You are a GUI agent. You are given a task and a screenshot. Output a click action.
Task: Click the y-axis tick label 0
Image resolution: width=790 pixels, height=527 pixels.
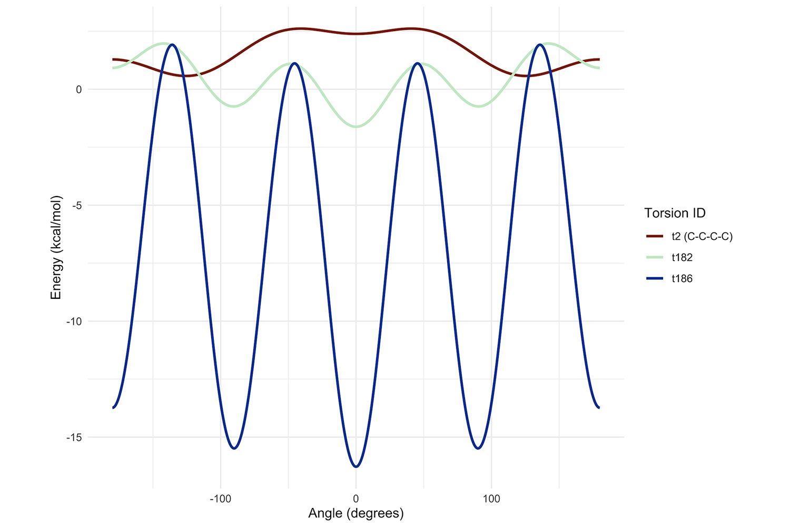click(x=78, y=90)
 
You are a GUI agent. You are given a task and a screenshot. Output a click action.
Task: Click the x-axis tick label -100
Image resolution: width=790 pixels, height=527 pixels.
click(x=220, y=499)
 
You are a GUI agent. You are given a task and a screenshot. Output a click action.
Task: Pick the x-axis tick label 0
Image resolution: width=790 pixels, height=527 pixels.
click(x=356, y=499)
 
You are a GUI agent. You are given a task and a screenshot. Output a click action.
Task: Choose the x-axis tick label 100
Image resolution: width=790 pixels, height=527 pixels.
click(x=491, y=499)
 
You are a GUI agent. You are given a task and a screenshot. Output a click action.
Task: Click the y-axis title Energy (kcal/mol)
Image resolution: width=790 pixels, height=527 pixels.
click(x=56, y=248)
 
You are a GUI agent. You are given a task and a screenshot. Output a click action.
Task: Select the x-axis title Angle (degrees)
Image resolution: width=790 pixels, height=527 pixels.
click(x=356, y=513)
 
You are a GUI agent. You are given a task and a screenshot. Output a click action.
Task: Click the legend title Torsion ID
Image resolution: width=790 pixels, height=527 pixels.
click(x=675, y=213)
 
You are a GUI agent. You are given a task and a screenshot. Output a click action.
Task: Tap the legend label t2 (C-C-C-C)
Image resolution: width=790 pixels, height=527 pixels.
click(x=702, y=237)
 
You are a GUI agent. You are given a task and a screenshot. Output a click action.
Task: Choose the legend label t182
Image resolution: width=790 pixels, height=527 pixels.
click(x=682, y=258)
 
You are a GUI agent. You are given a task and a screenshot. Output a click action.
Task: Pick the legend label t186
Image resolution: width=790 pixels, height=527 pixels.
click(x=682, y=279)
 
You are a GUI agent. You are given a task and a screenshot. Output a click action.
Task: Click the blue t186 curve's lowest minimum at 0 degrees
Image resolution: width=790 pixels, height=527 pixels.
click(x=356, y=466)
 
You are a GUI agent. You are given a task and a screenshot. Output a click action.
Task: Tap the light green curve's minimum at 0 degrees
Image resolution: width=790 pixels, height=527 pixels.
click(x=356, y=126)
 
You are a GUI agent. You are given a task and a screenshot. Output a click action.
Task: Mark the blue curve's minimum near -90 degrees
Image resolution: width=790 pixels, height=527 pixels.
click(x=234, y=448)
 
